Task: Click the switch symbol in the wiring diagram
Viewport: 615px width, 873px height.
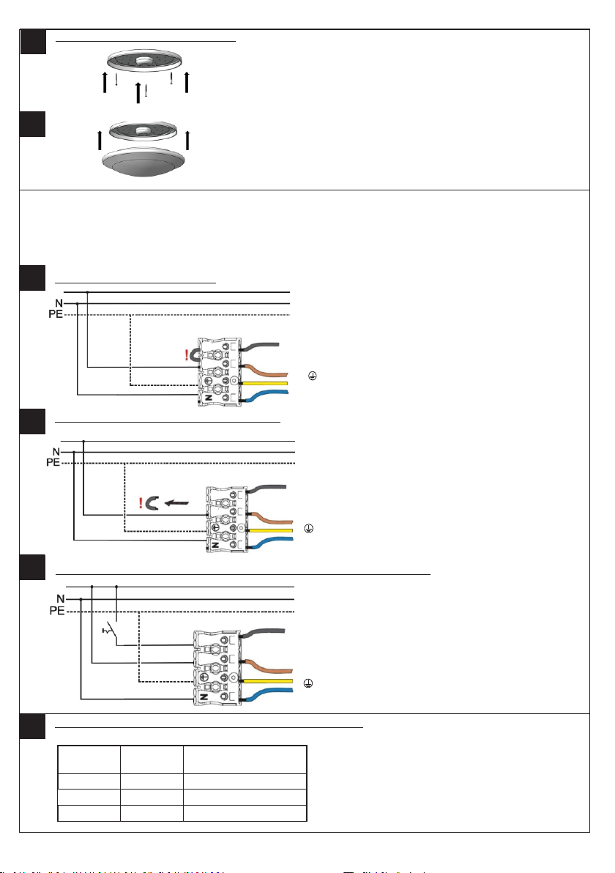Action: [x=111, y=631]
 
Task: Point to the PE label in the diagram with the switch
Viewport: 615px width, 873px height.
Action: [x=55, y=611]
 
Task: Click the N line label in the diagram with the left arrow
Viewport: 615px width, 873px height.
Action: [x=55, y=452]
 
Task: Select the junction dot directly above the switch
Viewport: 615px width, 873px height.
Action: [x=116, y=587]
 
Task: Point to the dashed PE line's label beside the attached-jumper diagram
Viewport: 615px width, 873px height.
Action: [x=55, y=315]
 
